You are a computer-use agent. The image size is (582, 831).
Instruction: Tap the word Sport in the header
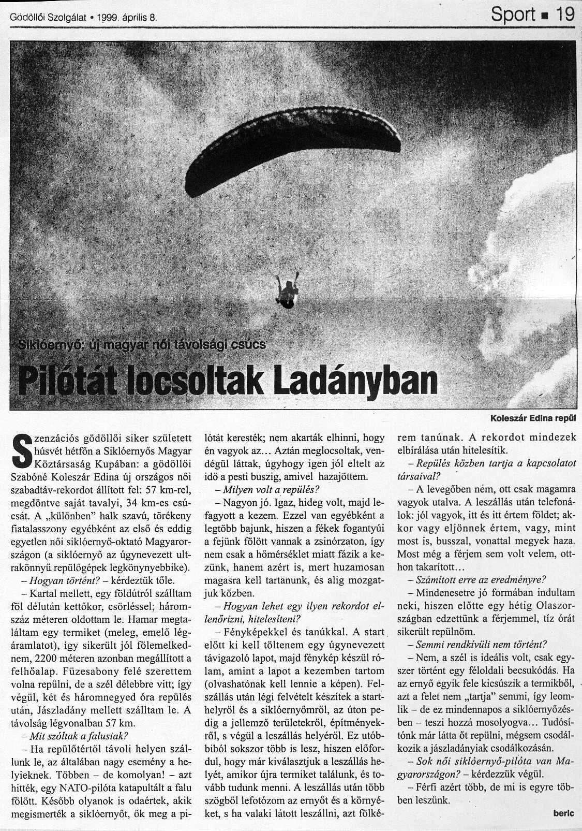pyautogui.click(x=513, y=14)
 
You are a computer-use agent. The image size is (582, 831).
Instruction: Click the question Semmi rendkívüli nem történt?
pyautogui.click(x=481, y=645)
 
